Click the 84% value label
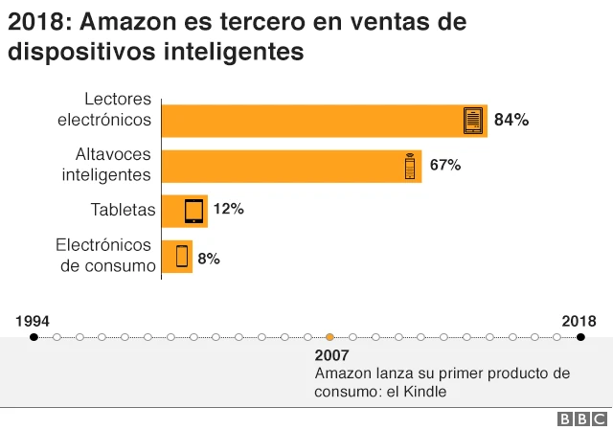pyautogui.click(x=511, y=121)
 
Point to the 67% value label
pyautogui.click(x=445, y=166)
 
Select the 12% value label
pyautogui.click(x=228, y=209)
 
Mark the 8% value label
pyautogui.click(x=209, y=258)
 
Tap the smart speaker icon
pyautogui.click(x=409, y=166)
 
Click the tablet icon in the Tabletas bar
pyautogui.click(x=194, y=211)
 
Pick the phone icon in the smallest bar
pyautogui.click(x=181, y=257)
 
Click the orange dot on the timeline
pyautogui.click(x=329, y=337)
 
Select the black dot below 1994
pyautogui.click(x=34, y=337)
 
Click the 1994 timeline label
pyautogui.click(x=34, y=320)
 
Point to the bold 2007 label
pyautogui.click(x=331, y=355)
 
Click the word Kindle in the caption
pyautogui.click(x=424, y=391)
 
